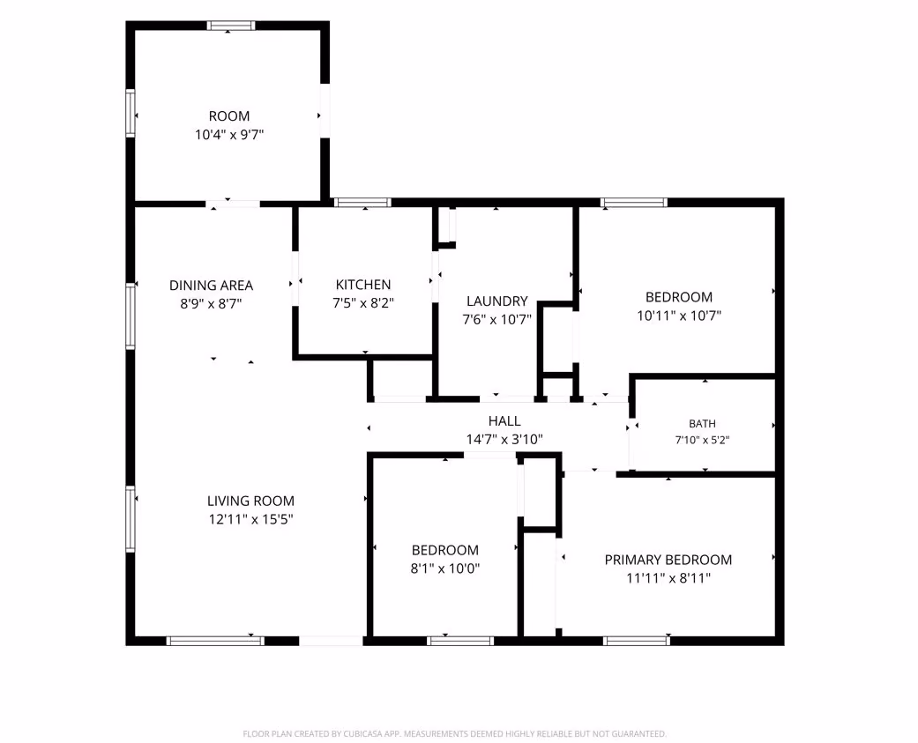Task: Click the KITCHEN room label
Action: pos(363,285)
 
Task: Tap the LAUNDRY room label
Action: pos(497,301)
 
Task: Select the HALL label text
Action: pos(504,420)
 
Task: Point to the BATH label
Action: pos(702,424)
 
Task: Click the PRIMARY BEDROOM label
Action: pos(668,560)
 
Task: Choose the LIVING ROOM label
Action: pos(250,501)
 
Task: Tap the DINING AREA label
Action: pos(212,286)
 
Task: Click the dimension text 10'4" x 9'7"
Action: pos(229,135)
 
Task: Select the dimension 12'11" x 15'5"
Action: pos(250,519)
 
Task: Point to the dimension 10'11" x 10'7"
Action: pos(679,316)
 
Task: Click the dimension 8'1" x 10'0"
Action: pos(445,568)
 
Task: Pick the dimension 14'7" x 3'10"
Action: pos(504,439)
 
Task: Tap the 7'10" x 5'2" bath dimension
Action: pos(702,440)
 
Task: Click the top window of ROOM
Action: pos(231,26)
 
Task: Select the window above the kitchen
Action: pos(362,203)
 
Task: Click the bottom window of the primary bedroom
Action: pos(637,642)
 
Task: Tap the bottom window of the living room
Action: pos(215,642)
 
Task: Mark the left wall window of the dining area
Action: pos(130,316)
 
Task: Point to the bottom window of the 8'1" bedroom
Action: pos(460,642)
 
